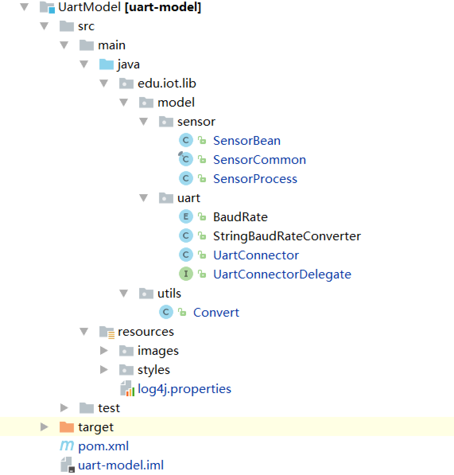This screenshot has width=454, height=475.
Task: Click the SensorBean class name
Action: click(246, 140)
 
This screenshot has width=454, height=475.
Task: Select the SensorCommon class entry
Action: click(259, 160)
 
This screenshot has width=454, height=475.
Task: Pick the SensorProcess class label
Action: click(255, 179)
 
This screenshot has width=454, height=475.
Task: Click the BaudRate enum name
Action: click(240, 217)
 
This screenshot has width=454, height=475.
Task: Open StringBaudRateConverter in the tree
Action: click(287, 236)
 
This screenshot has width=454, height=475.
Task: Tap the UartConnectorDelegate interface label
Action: click(282, 274)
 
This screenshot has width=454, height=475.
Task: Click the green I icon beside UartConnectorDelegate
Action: click(186, 274)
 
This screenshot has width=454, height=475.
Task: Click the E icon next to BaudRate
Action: click(186, 217)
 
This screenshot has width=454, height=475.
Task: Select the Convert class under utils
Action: click(216, 312)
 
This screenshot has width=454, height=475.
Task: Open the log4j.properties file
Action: click(184, 389)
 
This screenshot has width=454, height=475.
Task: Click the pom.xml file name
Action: click(103, 446)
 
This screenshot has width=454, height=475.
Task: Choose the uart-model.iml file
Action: click(121, 465)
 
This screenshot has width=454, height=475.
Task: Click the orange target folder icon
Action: click(66, 427)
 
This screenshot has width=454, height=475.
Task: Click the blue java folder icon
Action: click(106, 64)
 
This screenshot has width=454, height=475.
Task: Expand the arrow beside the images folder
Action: click(104, 350)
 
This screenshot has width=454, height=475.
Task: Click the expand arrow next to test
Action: click(64, 408)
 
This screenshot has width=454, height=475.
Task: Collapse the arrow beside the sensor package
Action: click(144, 121)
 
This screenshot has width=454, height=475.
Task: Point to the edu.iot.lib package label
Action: click(167, 83)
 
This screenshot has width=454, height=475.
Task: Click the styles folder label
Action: click(153, 370)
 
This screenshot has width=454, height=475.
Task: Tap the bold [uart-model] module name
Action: click(163, 7)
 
